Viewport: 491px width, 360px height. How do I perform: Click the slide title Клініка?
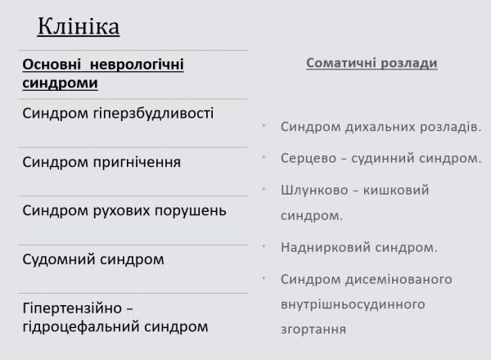tap(79, 26)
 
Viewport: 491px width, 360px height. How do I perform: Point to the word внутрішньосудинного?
tap(352, 304)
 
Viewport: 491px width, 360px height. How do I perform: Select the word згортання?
tap(313, 330)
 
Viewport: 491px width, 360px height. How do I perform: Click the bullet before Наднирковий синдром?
tap(264, 244)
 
